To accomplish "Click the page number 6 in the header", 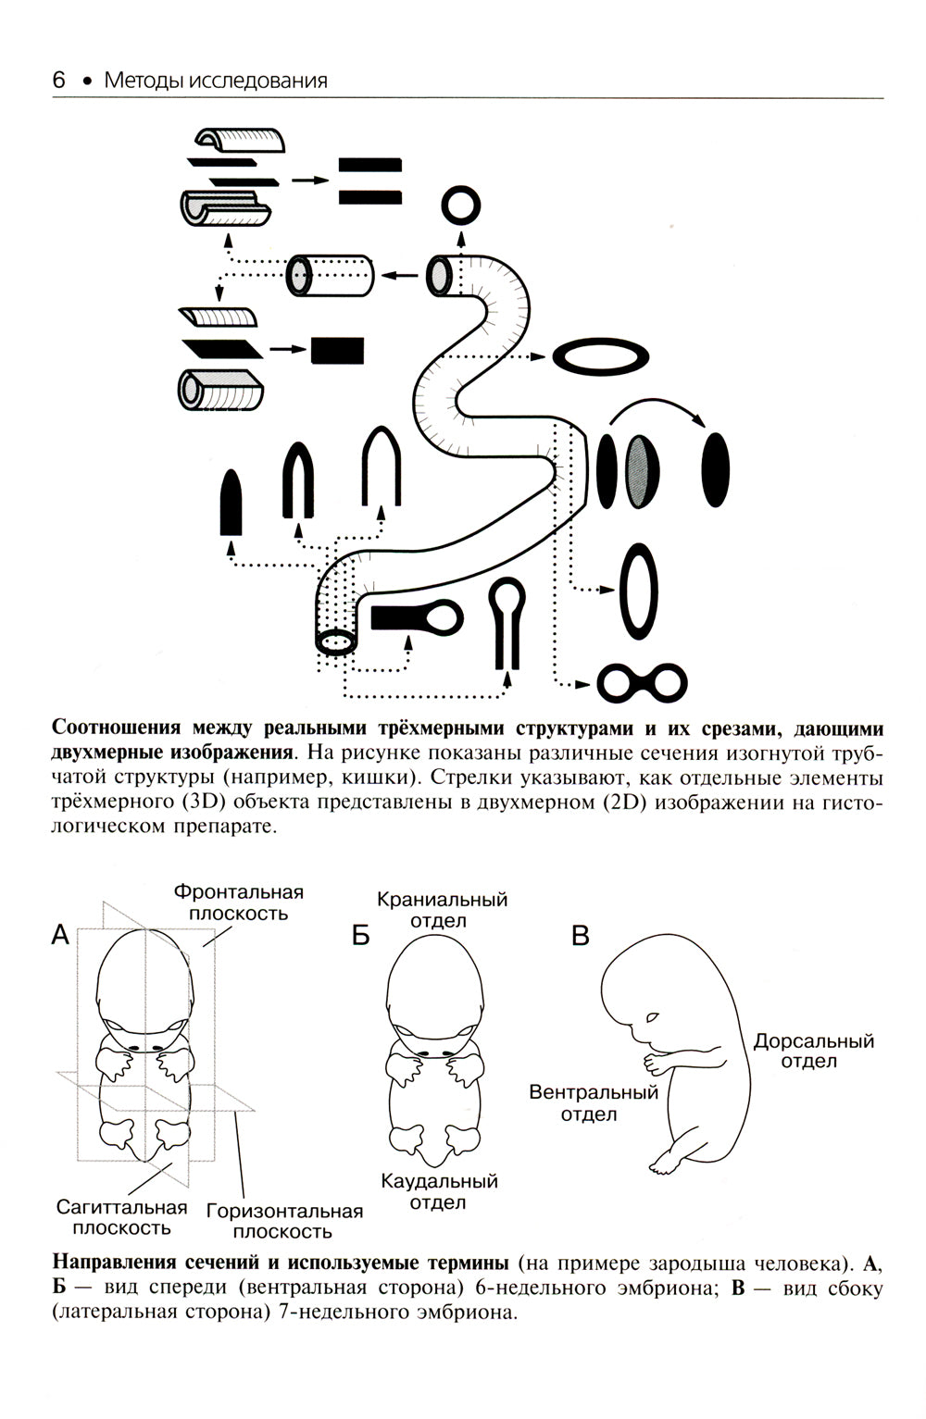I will pos(58,81).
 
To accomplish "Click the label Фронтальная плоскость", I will pos(238,902).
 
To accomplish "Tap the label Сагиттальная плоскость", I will pos(121,1217).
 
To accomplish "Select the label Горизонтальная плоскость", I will pos(284,1221).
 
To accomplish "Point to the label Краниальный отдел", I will pos(442,909).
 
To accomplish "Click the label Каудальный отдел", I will pos(439,1192).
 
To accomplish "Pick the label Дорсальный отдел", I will pos(813,1051).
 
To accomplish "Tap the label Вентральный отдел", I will pos(593,1102).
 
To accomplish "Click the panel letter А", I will pos(61,935).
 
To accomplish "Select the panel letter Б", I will pos(360,936).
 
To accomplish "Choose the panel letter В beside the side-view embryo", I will pos(581,936).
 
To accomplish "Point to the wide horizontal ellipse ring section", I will pos(600,357).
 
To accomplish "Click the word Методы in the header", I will pos(140,81).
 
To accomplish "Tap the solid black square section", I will pos(337,350).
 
